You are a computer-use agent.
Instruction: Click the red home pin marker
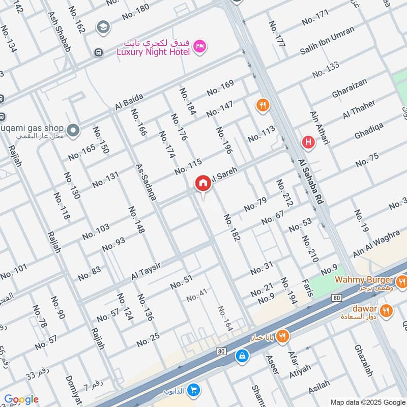point(203,184)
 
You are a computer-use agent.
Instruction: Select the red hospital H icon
point(308,142)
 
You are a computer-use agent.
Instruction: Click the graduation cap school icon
point(103,26)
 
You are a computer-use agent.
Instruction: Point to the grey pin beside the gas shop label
point(74,131)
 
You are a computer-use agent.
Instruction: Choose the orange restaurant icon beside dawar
point(387,309)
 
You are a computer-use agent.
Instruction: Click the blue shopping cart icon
point(193,391)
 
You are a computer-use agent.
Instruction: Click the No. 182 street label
point(231,227)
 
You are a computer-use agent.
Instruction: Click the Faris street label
point(307,288)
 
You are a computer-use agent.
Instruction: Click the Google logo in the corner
point(21,399)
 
